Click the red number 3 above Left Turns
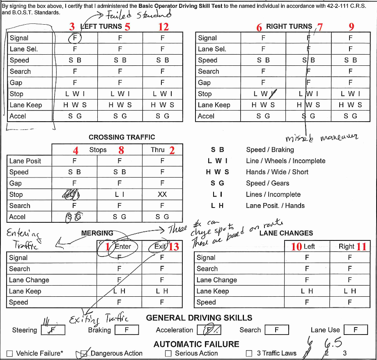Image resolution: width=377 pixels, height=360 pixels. pyautogui.click(x=72, y=27)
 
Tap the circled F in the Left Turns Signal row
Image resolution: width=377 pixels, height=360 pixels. pyautogui.click(x=75, y=38)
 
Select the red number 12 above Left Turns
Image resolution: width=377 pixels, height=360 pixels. pyautogui.click(x=163, y=27)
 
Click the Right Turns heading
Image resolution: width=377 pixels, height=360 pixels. pyautogui.click(x=289, y=26)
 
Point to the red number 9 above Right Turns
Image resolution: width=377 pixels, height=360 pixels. pyautogui.click(x=351, y=27)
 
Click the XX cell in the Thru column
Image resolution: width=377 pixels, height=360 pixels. pyautogui.click(x=162, y=194)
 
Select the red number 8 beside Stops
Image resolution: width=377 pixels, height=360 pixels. pyautogui.click(x=121, y=150)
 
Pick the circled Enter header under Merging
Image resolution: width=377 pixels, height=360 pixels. pyautogui.click(x=122, y=247)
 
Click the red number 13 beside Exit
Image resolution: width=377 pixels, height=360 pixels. pyautogui.click(x=174, y=247)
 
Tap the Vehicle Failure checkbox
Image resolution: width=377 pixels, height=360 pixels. pyautogui.click(x=10, y=353)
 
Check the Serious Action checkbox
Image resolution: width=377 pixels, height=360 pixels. pyautogui.click(x=168, y=353)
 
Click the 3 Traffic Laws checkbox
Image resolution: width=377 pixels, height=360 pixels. pyautogui.click(x=249, y=353)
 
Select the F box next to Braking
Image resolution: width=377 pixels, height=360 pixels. pyautogui.click(x=126, y=330)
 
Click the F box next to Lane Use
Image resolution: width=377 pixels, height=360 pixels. pyautogui.click(x=356, y=330)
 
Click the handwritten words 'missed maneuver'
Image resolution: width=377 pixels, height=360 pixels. pyautogui.click(x=322, y=138)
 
